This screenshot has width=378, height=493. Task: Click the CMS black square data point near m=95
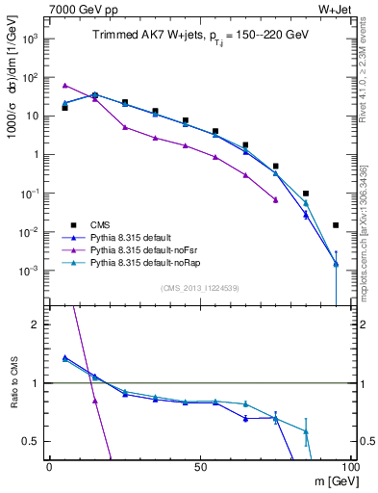[336, 225]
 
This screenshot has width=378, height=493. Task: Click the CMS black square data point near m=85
[306, 194]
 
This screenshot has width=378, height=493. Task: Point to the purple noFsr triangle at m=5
[64, 85]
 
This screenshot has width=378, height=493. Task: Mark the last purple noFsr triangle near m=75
[276, 200]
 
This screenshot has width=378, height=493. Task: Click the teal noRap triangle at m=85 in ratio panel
[306, 431]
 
